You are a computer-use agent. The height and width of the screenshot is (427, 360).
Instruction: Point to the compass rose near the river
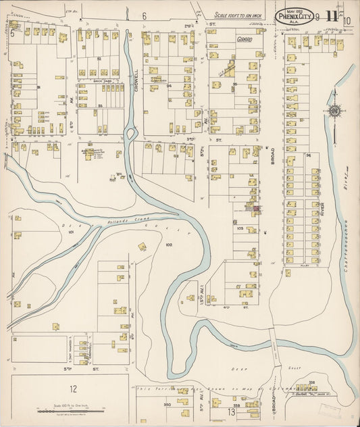pos(333,111)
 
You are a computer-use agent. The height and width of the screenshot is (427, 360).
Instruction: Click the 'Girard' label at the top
pos(245,40)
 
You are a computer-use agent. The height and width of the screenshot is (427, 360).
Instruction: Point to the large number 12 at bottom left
pos(72,388)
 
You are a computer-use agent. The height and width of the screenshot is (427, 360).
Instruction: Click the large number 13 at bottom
pos(231,411)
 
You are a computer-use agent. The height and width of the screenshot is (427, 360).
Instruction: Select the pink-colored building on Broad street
pos(257,208)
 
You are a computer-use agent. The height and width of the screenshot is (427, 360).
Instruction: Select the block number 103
pos(240,229)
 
